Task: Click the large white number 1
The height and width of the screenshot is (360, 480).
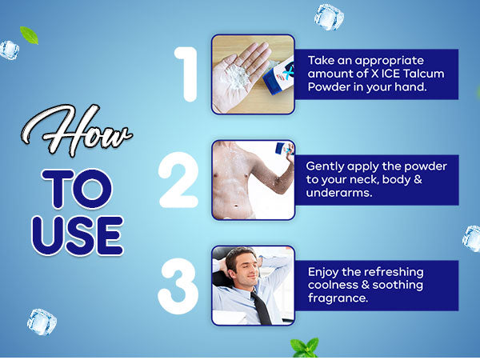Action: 187,74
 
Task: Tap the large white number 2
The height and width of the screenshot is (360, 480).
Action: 179,180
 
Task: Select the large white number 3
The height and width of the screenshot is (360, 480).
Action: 178,286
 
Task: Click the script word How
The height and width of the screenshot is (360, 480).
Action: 77,130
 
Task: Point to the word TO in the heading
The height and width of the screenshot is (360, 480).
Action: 77,189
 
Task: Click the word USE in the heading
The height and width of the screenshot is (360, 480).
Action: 78,236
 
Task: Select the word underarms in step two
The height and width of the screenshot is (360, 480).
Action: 339,193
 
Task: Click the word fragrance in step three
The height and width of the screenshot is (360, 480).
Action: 338,298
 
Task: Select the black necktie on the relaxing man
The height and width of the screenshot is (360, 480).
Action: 261,308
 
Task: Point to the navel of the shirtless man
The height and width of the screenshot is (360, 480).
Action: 236,206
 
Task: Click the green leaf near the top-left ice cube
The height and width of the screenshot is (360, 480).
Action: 29,35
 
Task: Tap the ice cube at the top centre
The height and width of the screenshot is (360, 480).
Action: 329,17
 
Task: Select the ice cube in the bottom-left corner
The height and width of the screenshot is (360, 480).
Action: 42,322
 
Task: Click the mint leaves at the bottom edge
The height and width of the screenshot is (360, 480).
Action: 304,348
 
